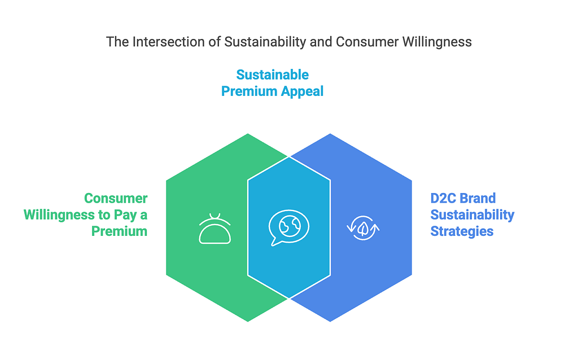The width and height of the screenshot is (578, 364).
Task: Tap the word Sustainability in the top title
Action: tap(265, 42)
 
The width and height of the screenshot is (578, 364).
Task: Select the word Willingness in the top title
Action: tap(437, 42)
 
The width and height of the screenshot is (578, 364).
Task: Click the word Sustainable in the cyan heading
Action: tap(273, 75)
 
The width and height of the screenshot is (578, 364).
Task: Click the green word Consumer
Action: tap(116, 198)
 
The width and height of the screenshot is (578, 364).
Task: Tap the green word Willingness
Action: tap(59, 215)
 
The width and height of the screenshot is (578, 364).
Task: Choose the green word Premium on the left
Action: tap(120, 231)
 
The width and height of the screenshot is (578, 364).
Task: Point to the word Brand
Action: tap(478, 198)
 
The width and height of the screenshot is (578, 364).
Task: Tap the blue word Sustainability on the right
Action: tap(472, 215)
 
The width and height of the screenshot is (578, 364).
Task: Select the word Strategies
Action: tap(462, 231)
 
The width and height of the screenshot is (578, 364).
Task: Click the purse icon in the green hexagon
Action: tap(215, 229)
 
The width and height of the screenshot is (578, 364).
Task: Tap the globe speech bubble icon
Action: tap(288, 227)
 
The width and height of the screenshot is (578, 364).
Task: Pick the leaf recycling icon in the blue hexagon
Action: tap(363, 228)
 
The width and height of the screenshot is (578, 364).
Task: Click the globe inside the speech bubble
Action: tap(290, 226)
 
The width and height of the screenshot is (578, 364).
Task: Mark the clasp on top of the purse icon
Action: tap(215, 217)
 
